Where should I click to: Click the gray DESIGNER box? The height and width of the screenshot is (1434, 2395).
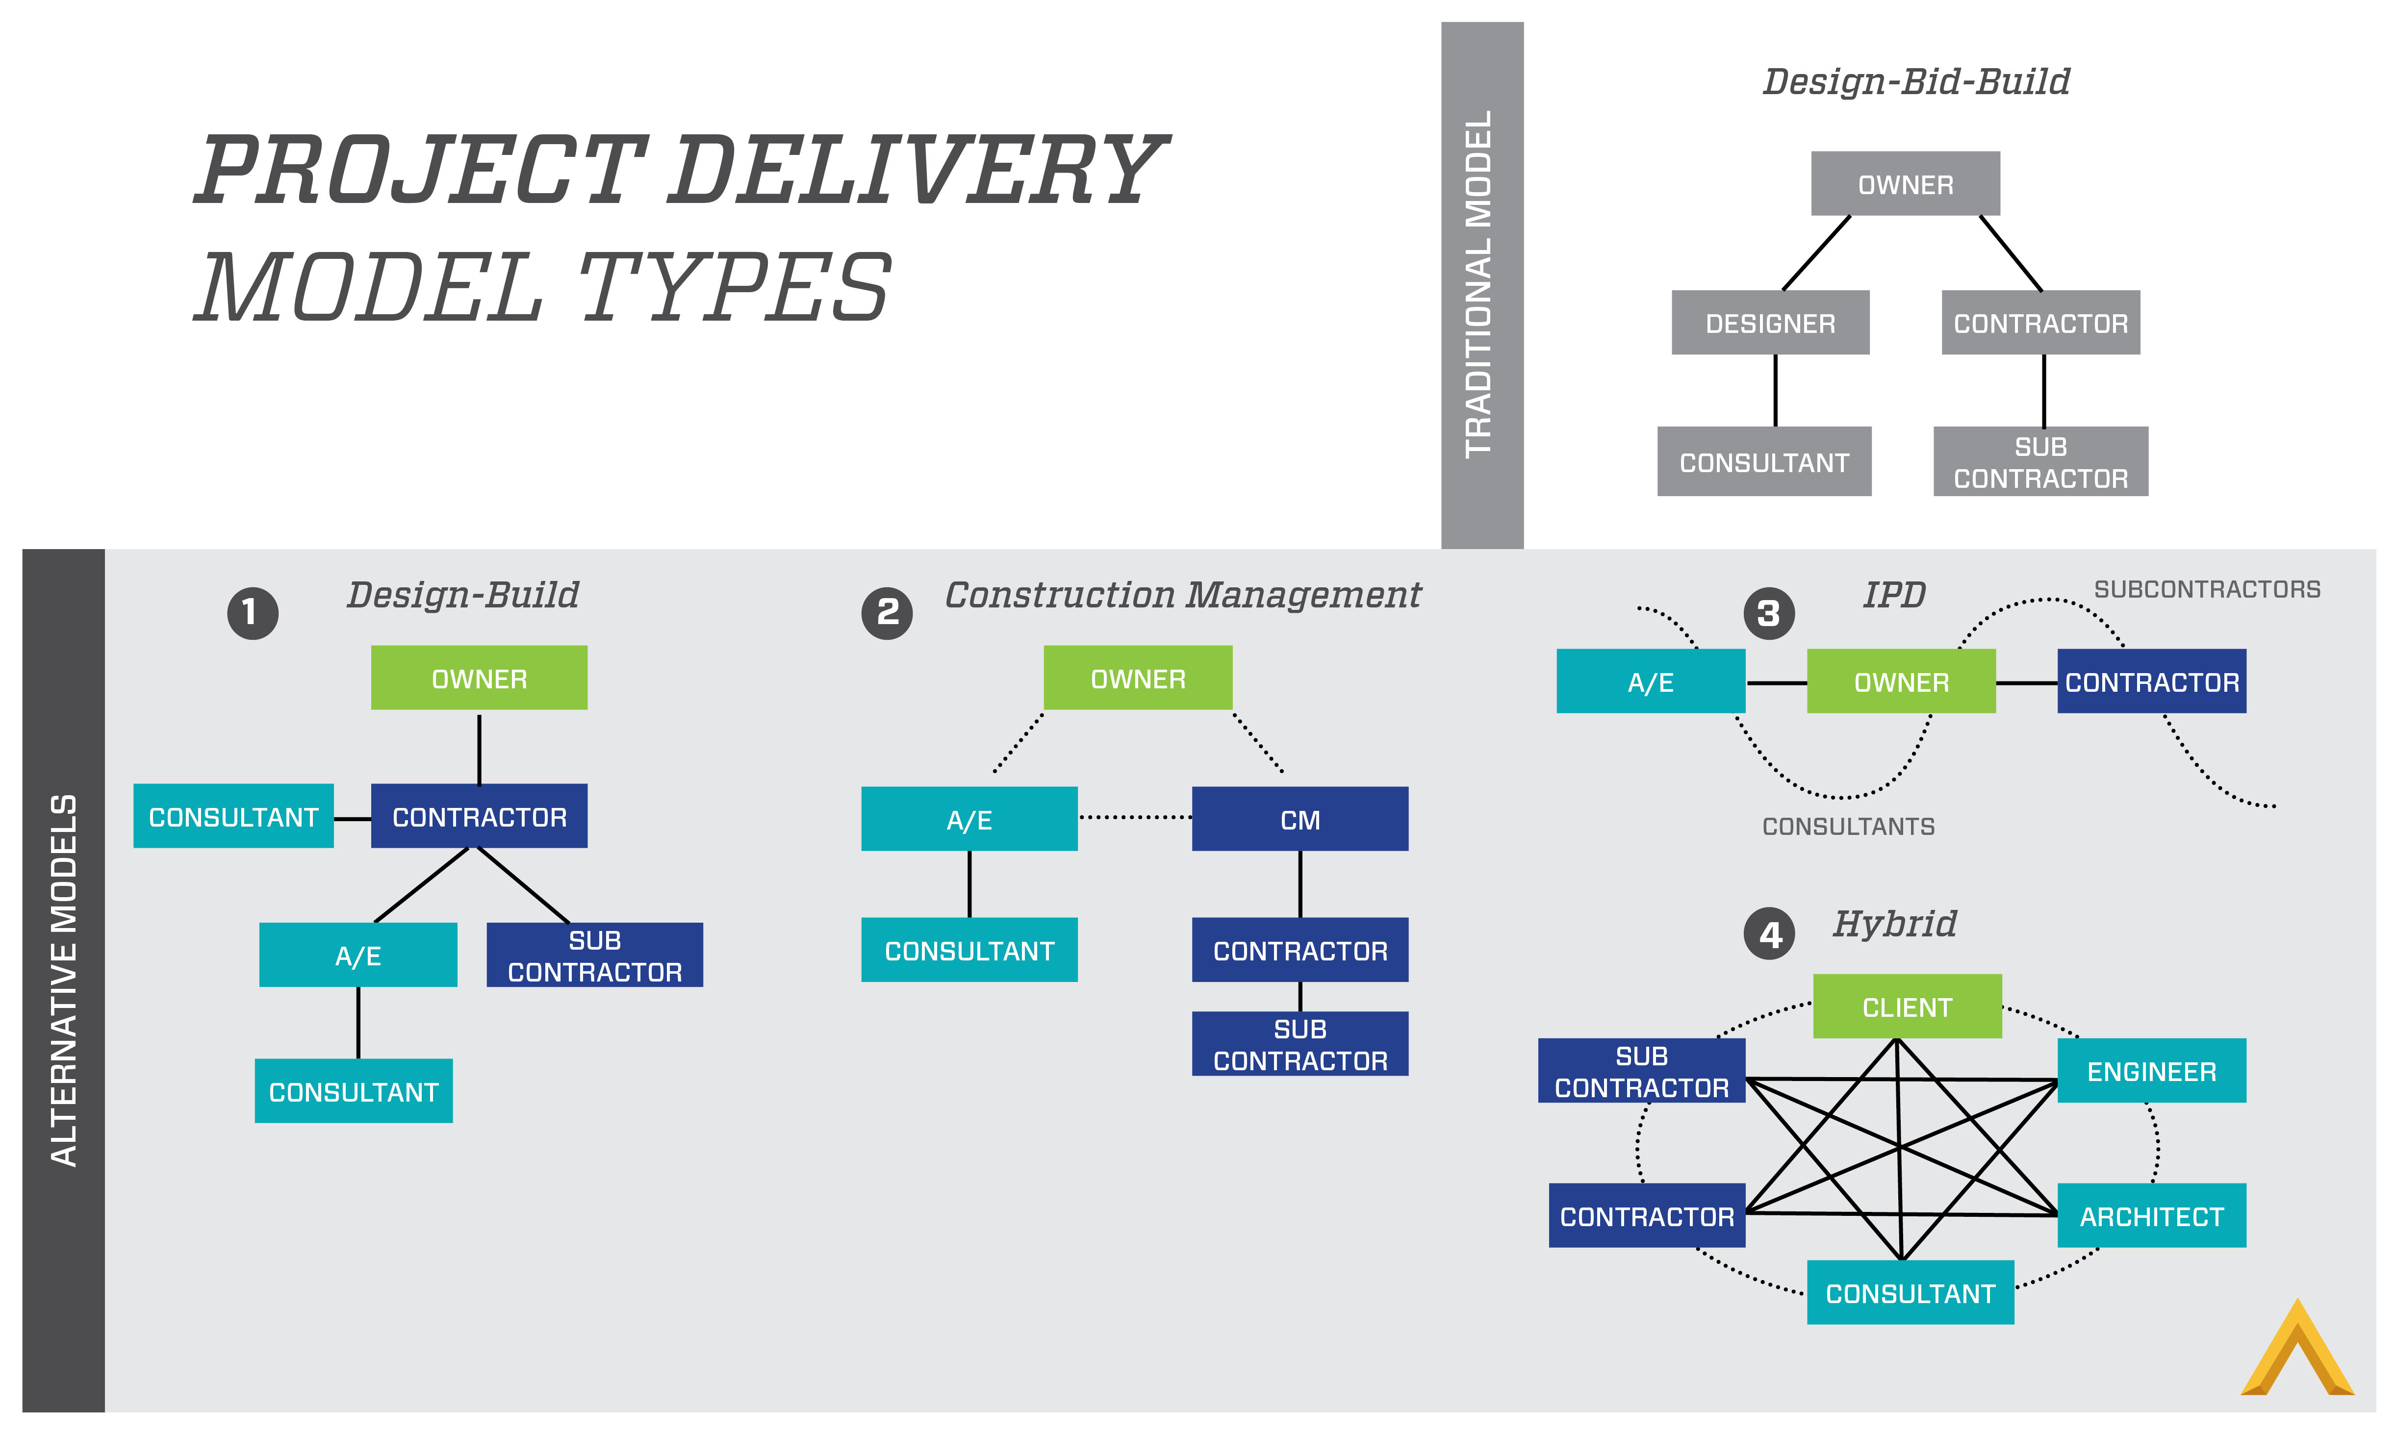click(1770, 323)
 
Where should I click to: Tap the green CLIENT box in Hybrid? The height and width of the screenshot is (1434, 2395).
click(1906, 1007)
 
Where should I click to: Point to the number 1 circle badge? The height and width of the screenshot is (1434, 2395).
click(252, 613)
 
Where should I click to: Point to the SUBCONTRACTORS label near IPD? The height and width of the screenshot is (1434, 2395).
click(2207, 589)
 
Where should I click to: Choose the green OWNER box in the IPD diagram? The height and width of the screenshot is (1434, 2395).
click(1900, 682)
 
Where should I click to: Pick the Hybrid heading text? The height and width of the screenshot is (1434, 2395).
click(1894, 924)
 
